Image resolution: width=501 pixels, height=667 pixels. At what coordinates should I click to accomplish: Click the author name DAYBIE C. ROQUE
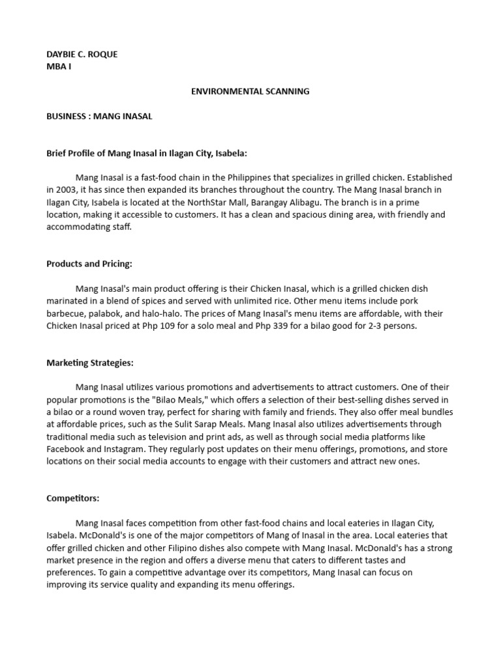pos(82,54)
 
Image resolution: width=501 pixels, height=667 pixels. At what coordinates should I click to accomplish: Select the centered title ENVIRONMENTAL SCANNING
pos(250,91)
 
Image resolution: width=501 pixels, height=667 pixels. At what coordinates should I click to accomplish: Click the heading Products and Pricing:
pos(89,264)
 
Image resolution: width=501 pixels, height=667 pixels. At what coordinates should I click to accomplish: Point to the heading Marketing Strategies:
pos(90,363)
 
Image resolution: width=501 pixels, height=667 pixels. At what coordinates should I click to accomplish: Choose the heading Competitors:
pos(73,498)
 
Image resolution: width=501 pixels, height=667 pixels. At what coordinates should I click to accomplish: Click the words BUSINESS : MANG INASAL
pos(99,116)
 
